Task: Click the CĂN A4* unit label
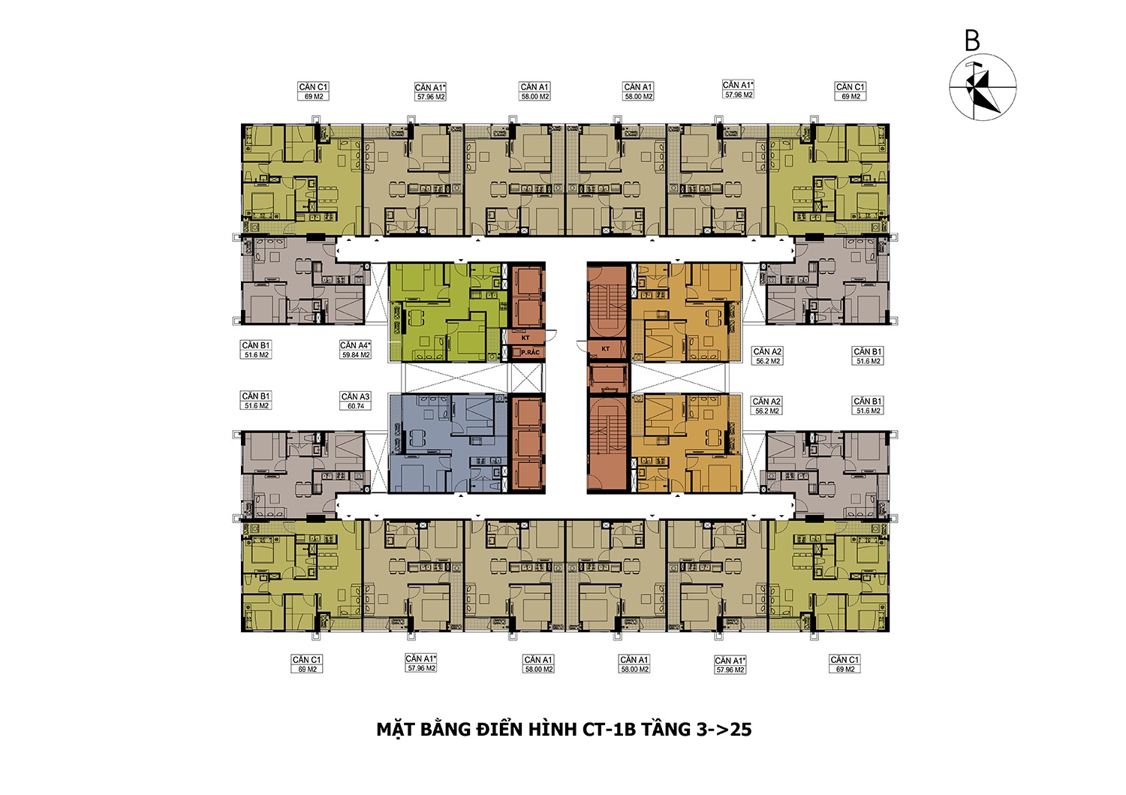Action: click(x=355, y=345)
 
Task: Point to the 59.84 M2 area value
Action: click(x=355, y=354)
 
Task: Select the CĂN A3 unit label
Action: click(x=355, y=396)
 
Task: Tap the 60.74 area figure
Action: click(x=355, y=406)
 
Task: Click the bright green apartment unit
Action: click(x=447, y=312)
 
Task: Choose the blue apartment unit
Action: click(x=447, y=443)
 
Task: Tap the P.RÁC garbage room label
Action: click(x=530, y=353)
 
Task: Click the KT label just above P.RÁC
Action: click(x=525, y=338)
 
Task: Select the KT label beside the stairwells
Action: click(x=606, y=348)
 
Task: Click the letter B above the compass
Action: click(x=971, y=41)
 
